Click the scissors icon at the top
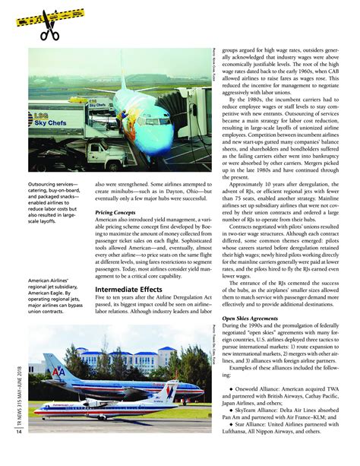click(x=49, y=31)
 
